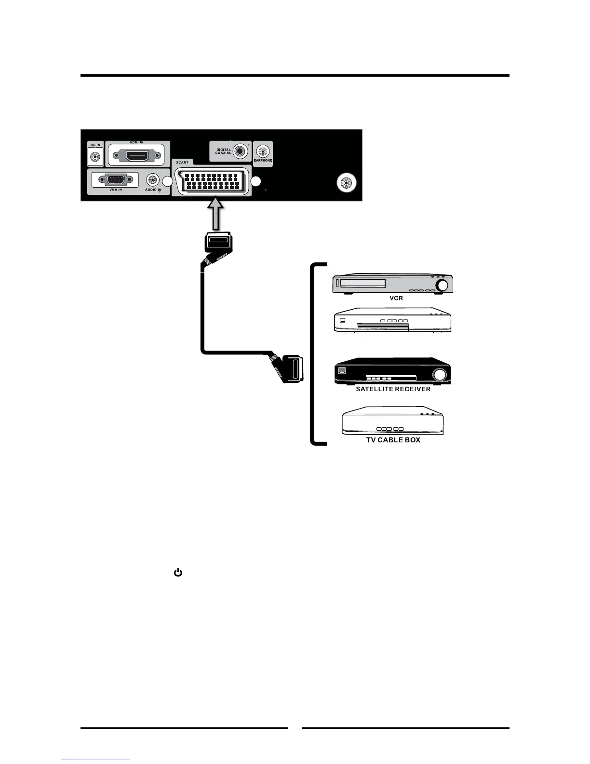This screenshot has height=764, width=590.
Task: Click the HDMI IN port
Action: (x=137, y=156)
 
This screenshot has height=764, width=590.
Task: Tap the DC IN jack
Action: (x=95, y=157)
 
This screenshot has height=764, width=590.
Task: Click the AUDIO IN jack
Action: (x=153, y=180)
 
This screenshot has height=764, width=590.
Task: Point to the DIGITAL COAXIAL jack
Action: (x=239, y=150)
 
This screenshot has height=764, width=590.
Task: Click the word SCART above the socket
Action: (x=182, y=163)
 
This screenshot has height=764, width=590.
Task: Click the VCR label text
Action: (x=396, y=298)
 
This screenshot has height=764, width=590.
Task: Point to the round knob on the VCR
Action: (x=442, y=286)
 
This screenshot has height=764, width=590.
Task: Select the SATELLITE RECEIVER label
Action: (x=393, y=389)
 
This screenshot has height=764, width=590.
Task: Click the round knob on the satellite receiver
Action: (x=439, y=375)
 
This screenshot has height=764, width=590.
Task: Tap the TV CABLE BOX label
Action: (x=393, y=440)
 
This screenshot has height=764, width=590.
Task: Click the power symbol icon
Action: (x=178, y=573)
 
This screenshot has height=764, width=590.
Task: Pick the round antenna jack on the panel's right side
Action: (x=346, y=183)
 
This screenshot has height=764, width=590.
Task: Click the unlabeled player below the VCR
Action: (x=392, y=320)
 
